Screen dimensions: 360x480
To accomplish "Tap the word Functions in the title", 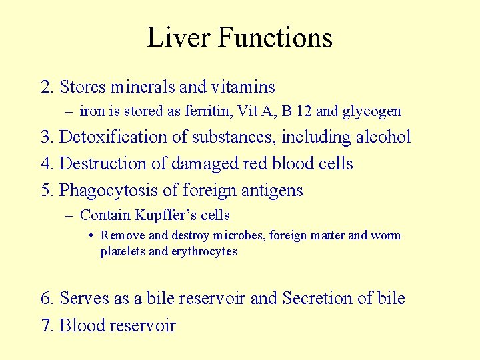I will coord(275,37).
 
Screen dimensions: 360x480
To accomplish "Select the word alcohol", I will coord(381,137).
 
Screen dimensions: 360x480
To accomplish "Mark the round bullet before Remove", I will coord(91,235).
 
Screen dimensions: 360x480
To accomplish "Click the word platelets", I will coord(123,251).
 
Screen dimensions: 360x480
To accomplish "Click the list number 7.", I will coord(46,325).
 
